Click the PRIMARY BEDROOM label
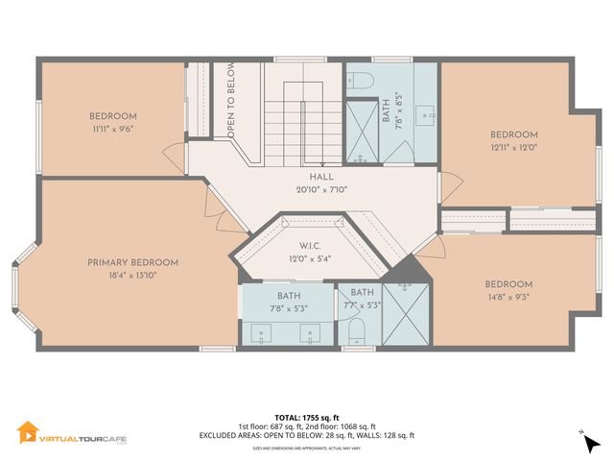click(x=132, y=262)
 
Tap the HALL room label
click(x=320, y=178)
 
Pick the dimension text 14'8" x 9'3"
click(x=508, y=298)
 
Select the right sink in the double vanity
click(x=310, y=333)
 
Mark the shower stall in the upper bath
click(x=363, y=130)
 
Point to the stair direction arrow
click(x=305, y=120)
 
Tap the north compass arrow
click(x=584, y=438)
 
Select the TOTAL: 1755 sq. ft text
click(x=308, y=417)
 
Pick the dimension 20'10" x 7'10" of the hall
click(x=320, y=190)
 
